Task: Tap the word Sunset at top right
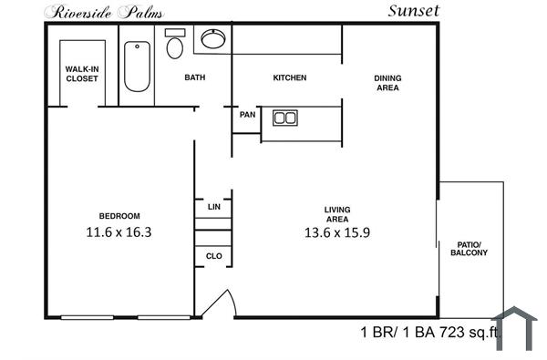[414, 11]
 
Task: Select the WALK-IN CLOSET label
[81, 73]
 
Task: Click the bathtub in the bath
[137, 67]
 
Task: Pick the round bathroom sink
[213, 38]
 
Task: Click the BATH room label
[195, 77]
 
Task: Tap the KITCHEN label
[289, 77]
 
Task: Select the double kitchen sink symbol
[285, 118]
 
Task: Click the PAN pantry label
[247, 115]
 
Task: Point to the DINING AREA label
[387, 84]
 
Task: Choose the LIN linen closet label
[214, 207]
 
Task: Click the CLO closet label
[214, 256]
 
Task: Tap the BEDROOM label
[119, 215]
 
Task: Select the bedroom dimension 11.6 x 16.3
[118, 232]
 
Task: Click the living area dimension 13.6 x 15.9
[337, 232]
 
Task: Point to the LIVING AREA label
[337, 214]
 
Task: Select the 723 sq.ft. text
[470, 334]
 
